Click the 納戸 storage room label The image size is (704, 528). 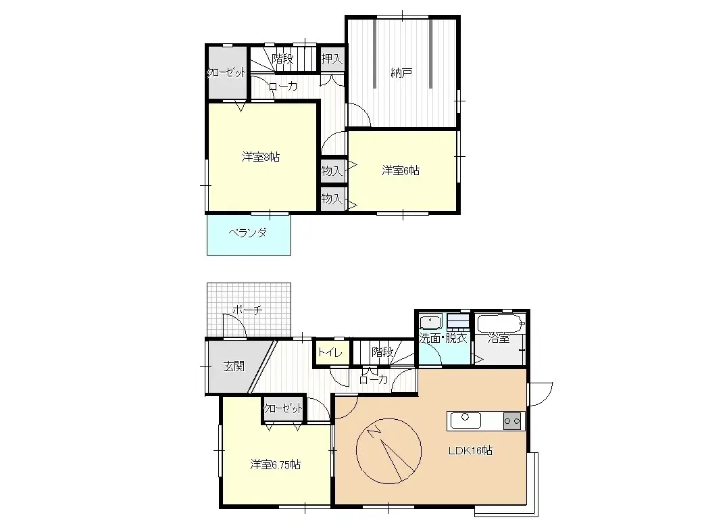[401, 73]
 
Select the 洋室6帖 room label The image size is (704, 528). [401, 171]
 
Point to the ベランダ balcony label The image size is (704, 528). [247, 233]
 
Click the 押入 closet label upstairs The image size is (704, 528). [332, 59]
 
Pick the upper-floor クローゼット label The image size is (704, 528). [226, 73]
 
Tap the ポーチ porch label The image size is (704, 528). [247, 310]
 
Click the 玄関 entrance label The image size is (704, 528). [234, 366]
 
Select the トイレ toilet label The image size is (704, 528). [330, 352]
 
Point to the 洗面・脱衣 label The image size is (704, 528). [443, 339]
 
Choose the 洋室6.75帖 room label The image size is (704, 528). [275, 465]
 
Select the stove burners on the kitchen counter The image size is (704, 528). [513, 421]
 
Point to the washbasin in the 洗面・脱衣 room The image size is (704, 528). [430, 322]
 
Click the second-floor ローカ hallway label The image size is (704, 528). [282, 87]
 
